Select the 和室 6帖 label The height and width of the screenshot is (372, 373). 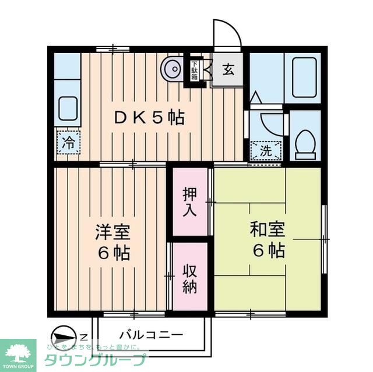pos(268,240)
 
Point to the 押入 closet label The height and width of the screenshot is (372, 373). pos(190,201)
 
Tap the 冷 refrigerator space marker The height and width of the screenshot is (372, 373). pos(69,142)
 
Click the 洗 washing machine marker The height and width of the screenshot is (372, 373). pos(265,150)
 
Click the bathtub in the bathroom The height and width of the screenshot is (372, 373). pos(304,77)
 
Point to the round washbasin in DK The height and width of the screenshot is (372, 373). pos(173,69)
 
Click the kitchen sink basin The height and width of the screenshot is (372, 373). pos(68,108)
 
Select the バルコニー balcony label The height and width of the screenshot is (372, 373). pos(151,335)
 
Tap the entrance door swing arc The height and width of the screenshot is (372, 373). pos(226,33)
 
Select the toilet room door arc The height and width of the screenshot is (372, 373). pos(271,123)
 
